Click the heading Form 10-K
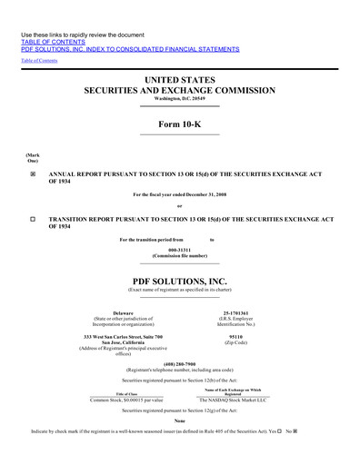180,124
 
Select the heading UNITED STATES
180,82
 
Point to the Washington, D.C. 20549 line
180,101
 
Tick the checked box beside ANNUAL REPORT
34,172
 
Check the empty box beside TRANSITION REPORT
34,220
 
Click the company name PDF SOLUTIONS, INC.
180,282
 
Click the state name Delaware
122,313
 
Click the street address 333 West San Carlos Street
122,337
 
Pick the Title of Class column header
122,392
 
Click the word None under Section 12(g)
180,420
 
